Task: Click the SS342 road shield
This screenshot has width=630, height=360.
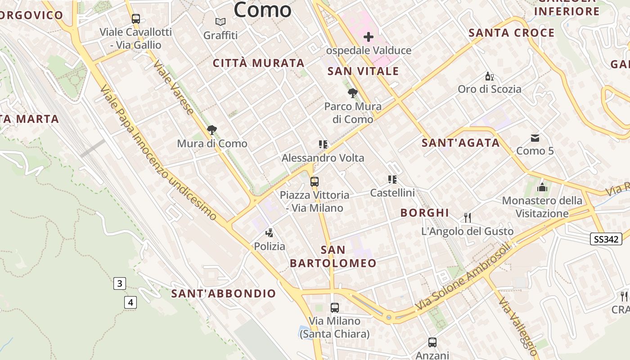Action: coord(606,239)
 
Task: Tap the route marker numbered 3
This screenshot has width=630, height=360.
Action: coord(119,283)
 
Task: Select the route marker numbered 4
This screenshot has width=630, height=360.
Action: coord(130,302)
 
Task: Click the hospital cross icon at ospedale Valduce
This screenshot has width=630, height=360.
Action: coord(368,37)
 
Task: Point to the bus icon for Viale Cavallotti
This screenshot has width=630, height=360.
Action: coord(136,19)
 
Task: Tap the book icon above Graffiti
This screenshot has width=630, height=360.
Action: coord(220,22)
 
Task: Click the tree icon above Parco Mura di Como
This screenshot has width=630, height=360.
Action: coord(353,93)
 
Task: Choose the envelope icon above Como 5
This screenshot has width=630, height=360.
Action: coord(535,138)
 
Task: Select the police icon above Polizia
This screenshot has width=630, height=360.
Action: coord(269,233)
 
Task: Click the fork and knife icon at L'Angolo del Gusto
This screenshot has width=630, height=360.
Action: coord(468,218)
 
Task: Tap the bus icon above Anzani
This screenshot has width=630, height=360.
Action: coord(432,342)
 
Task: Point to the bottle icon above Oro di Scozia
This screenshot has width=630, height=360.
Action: coord(489,76)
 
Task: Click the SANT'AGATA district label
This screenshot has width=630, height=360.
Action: coord(460,143)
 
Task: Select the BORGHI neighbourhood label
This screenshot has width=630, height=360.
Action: coord(425,213)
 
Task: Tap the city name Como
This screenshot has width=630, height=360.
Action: coord(262,10)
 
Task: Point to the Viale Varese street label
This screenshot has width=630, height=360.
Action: coord(174,87)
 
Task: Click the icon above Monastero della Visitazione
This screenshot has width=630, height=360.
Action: coord(542,187)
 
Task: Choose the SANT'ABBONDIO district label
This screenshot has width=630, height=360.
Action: coord(224,294)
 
